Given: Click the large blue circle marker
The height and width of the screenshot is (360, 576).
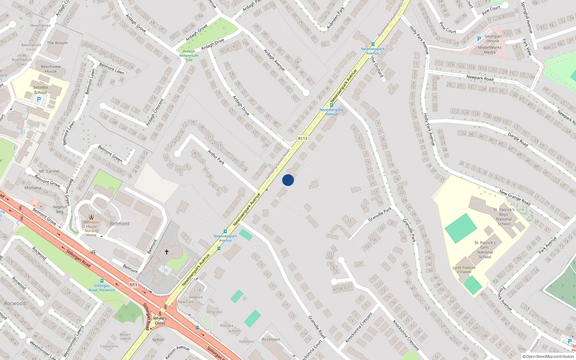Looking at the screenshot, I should coord(288,180).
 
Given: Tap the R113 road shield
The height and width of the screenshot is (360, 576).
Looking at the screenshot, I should coord(303,138).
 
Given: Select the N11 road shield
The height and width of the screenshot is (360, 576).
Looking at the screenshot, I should coord(134,285).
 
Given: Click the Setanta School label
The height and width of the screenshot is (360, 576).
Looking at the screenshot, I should coord(40,90).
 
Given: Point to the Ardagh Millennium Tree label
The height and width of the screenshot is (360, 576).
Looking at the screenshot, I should coord(189,56).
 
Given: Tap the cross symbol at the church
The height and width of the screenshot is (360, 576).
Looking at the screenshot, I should coord(167,252).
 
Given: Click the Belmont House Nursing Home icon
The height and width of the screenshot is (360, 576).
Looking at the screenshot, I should coord(91,217).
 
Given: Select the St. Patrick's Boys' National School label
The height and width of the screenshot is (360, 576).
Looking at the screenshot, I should coord(504,217).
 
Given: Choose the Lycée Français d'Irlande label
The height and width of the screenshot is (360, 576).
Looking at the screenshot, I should coord(464,270).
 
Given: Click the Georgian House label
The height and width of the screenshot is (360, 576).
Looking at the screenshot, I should coord(493,39).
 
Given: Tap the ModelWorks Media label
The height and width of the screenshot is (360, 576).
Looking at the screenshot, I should coord(490,50).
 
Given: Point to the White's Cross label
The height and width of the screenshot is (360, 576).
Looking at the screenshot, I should coord(160,320).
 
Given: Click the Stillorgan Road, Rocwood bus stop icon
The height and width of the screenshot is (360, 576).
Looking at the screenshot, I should coord(102,281).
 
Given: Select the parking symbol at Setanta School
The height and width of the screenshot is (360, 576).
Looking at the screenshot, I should coord(39,100).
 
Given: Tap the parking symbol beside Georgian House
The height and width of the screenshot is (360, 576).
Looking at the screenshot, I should coord(479,39).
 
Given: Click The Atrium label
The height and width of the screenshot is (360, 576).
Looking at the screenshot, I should coord(57,43).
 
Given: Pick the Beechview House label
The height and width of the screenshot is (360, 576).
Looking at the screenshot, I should coord(51,69).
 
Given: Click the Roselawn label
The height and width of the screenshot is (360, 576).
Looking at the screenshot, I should coord(271,339).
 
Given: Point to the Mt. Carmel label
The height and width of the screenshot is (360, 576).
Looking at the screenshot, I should coord(49,171).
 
